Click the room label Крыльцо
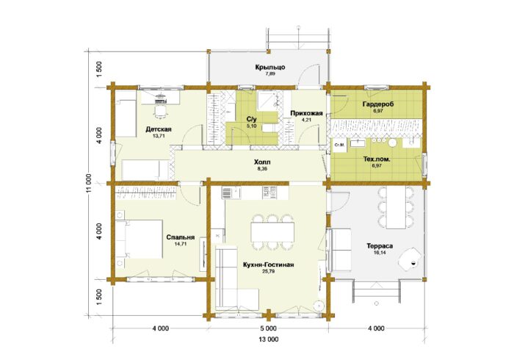(x=270, y=67)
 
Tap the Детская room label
(x=159, y=129)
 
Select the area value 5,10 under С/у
(x=251, y=126)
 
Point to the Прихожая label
(x=306, y=113)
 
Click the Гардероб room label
(x=378, y=104)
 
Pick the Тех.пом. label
(x=377, y=159)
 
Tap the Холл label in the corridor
(x=262, y=162)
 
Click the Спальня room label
(x=181, y=237)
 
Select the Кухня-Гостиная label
(x=268, y=265)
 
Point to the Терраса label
(x=380, y=246)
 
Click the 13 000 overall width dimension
(x=268, y=339)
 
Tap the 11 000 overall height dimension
(x=89, y=183)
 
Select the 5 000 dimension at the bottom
(x=268, y=328)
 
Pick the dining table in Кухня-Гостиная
(x=272, y=232)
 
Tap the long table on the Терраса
(x=396, y=208)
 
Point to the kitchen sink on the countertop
(x=227, y=192)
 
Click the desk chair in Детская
(x=160, y=112)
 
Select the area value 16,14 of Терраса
(x=380, y=253)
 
